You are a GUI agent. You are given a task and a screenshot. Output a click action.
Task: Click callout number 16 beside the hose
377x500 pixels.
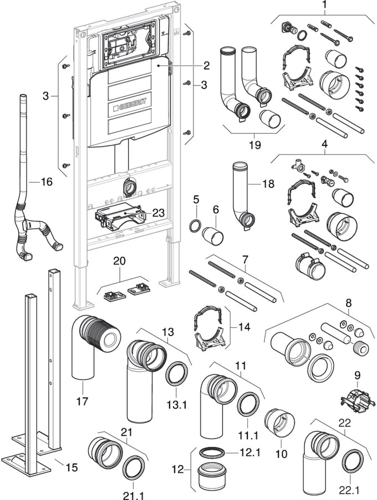(x=47, y=182)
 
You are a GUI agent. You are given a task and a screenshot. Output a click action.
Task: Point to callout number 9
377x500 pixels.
(x=357, y=375)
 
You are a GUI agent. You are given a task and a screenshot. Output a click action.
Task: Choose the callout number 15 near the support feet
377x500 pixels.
(x=72, y=467)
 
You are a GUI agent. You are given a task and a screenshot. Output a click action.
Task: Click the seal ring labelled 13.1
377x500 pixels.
(x=177, y=376)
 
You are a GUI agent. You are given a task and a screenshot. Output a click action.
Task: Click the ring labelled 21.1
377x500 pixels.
(x=134, y=468)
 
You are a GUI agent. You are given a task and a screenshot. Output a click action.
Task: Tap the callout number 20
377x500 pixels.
(x=120, y=261)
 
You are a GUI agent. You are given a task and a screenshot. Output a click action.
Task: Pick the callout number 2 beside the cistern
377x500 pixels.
(x=206, y=66)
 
